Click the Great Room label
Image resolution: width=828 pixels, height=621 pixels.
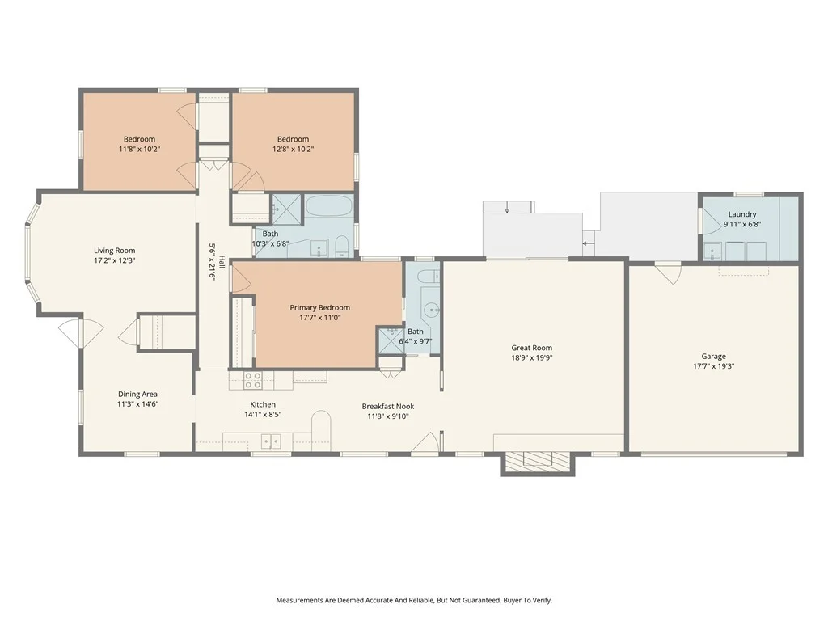click(531, 348)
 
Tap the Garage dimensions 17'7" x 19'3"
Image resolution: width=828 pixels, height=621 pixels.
click(713, 366)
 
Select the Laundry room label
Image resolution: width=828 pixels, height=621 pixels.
click(742, 214)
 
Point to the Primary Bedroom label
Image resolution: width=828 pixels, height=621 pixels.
click(319, 308)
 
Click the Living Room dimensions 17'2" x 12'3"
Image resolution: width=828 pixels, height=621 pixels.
click(115, 260)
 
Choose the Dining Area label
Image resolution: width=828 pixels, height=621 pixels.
click(137, 394)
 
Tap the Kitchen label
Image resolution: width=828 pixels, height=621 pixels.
click(263, 404)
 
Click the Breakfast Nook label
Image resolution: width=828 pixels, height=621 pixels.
click(387, 406)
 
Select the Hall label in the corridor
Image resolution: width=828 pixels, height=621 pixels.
click(222, 262)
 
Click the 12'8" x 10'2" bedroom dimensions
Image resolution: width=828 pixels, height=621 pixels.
click(293, 149)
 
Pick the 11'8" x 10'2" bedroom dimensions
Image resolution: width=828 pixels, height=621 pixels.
click(139, 149)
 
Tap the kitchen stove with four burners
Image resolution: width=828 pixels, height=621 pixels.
click(252, 381)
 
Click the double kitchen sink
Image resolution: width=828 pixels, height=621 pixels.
click(271, 441)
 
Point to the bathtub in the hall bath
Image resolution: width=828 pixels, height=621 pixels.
click(329, 205)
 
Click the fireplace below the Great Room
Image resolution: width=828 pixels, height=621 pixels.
click(538, 463)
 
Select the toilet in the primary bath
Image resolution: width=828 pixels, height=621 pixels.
click(430, 275)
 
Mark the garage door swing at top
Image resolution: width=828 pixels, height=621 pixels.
click(669, 274)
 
